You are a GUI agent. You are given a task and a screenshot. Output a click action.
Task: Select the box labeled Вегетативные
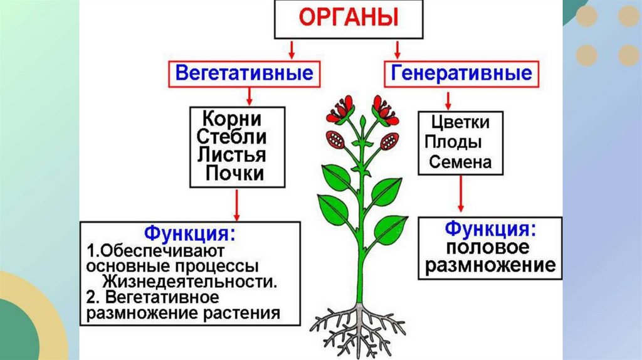click(244, 73)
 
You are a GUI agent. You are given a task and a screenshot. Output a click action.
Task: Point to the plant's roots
click(358, 323)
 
